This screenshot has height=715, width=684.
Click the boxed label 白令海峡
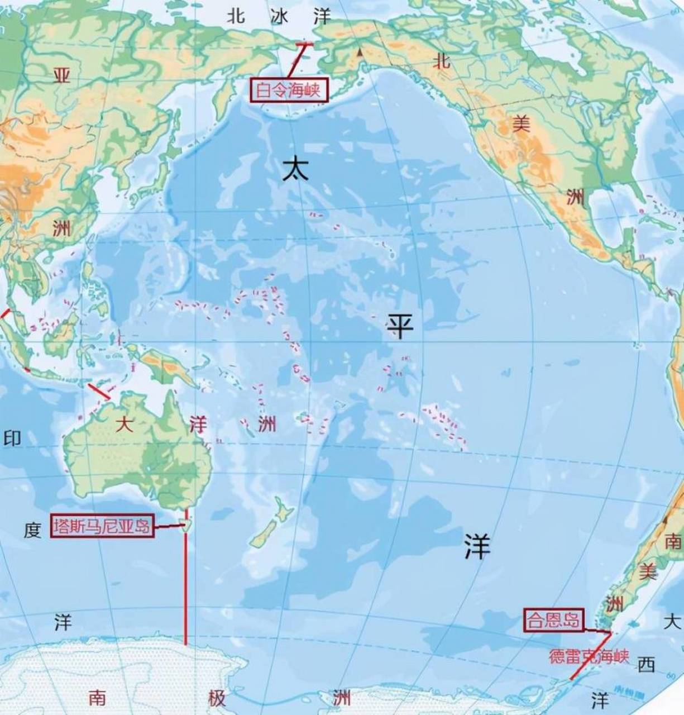point(289,90)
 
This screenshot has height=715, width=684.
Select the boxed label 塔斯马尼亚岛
point(103,526)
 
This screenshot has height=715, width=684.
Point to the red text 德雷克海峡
point(589,656)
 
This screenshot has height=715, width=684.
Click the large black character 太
point(295,168)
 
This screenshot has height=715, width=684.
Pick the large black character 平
point(400,327)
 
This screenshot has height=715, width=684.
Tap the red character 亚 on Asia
point(61,75)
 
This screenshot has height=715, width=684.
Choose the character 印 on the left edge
point(12,438)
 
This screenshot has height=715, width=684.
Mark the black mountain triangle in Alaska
point(360,52)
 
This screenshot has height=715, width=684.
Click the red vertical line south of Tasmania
point(185,587)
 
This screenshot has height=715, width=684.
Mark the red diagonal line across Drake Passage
point(586,659)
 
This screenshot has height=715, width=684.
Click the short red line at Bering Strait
point(304,44)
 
